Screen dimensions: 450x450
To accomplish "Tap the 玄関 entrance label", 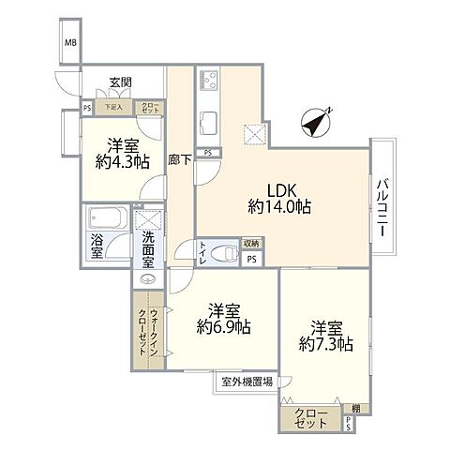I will pyautogui.click(x=121, y=82).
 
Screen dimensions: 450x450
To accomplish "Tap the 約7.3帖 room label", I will pyautogui.click(x=325, y=336).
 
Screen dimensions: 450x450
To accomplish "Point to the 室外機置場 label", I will pyautogui.click(x=248, y=382).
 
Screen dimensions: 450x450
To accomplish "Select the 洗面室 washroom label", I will pyautogui.click(x=148, y=247).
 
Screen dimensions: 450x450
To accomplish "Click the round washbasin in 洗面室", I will pyautogui.click(x=148, y=278).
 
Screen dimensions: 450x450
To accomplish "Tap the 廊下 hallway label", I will pyautogui.click(x=179, y=160).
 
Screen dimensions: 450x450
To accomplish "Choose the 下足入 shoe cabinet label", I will pyautogui.click(x=112, y=107).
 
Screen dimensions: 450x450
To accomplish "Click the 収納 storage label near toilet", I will pyautogui.click(x=251, y=244).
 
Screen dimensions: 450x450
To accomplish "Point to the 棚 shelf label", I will pyautogui.click(x=355, y=408).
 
